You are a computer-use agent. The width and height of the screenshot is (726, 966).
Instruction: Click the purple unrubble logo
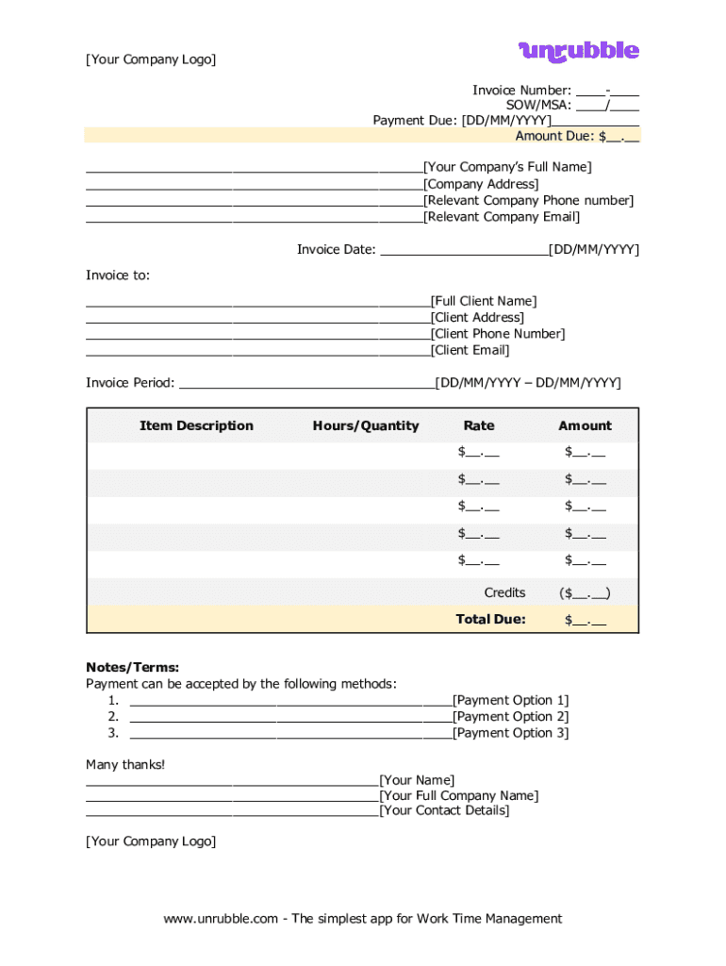click(x=578, y=51)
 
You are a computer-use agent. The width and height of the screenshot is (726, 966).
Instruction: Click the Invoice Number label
click(x=521, y=91)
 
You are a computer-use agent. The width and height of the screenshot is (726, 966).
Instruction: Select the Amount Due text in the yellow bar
click(x=553, y=136)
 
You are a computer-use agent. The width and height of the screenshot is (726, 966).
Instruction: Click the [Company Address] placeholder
click(x=481, y=184)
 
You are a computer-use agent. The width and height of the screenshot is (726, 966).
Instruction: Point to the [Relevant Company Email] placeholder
click(x=502, y=217)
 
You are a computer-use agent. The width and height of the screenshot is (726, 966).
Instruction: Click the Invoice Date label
click(x=336, y=250)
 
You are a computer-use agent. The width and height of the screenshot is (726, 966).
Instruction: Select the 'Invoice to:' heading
click(x=118, y=275)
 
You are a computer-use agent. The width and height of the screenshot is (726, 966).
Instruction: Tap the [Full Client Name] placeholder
click(x=484, y=302)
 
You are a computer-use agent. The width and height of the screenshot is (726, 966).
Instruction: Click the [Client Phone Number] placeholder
click(x=498, y=334)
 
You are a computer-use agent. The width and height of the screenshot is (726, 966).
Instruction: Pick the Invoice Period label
click(x=130, y=383)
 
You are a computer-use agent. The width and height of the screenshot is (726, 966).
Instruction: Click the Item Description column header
click(x=196, y=426)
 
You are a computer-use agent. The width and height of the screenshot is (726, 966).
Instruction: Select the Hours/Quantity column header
click(x=366, y=426)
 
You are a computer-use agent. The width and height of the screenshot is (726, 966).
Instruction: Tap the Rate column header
click(x=479, y=426)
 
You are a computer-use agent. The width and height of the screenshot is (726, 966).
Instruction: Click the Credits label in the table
click(x=504, y=593)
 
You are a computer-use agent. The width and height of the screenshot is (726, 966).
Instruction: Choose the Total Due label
click(x=490, y=620)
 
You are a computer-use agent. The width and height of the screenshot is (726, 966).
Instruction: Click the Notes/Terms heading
click(x=132, y=668)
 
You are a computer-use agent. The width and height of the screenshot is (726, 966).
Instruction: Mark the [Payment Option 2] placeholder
click(x=511, y=717)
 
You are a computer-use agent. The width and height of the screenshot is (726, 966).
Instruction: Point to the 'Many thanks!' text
click(x=125, y=764)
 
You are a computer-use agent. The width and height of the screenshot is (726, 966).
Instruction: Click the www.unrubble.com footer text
click(x=363, y=919)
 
